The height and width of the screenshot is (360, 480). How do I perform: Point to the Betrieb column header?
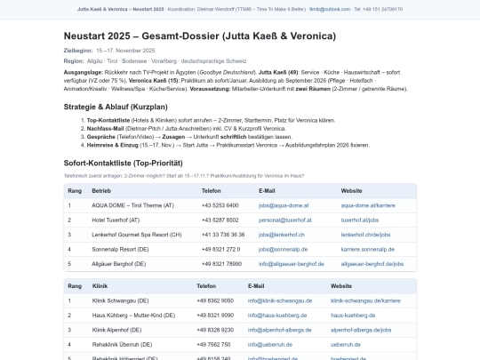[x=101, y=191]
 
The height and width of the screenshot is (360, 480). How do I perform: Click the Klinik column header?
[x=100, y=286]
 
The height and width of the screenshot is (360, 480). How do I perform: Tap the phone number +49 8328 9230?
[x=215, y=330]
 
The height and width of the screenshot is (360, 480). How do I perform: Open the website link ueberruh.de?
[x=345, y=344]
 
